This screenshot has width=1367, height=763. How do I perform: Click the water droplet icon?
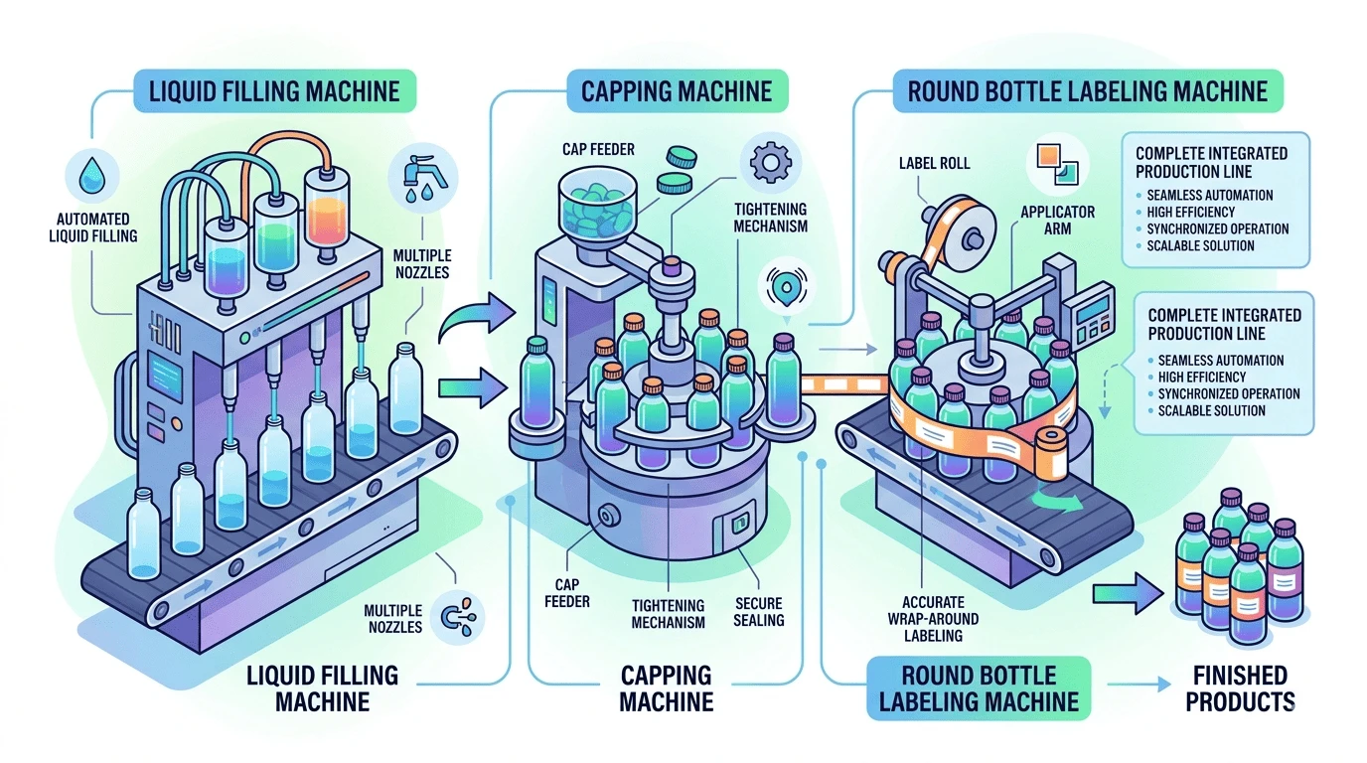pos(92,175)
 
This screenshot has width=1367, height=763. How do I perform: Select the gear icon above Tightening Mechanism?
pos(770,162)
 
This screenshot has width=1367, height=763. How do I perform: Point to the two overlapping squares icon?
pos(1058,164)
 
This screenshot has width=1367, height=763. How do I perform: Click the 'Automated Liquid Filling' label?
pos(92,228)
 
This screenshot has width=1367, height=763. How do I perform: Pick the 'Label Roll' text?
pos(934,163)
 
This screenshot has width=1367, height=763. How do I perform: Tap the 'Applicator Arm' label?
pos(1058,221)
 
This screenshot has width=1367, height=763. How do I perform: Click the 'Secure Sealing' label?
pos(759,612)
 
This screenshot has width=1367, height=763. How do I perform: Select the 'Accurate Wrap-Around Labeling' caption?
pos(933,618)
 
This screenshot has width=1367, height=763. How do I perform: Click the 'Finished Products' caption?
pos(1240,688)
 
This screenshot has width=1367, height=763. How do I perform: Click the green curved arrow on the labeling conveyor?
pos(1056,503)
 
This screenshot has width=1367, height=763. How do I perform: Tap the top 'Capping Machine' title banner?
pos(678,91)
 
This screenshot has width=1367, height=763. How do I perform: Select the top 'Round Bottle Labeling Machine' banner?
pos(1088,91)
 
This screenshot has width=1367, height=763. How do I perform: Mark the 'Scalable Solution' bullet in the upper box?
pos(1200,246)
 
